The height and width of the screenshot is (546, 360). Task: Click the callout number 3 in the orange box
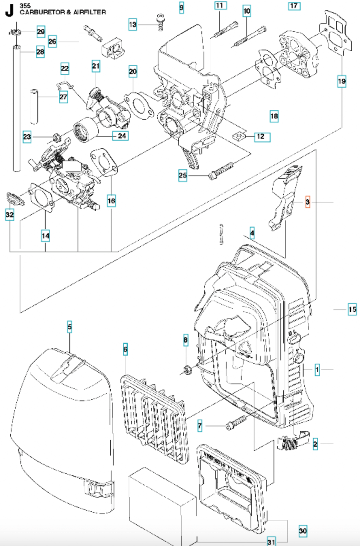pos(308,202)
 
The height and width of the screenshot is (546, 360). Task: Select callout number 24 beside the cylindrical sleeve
pos(122,136)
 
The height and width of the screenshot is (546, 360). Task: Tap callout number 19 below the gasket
pos(342,82)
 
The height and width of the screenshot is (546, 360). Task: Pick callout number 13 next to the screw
pos(133,24)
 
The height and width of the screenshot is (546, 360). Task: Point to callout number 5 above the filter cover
pos(69,327)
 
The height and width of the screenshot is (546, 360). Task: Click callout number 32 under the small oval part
pos(10,215)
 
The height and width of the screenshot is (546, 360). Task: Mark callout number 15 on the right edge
pos(352,309)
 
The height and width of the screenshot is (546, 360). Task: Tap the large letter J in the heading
pos(9,11)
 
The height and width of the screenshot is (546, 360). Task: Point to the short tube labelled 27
pos(34,106)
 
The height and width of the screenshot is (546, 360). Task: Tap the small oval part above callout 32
pos(15,199)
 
